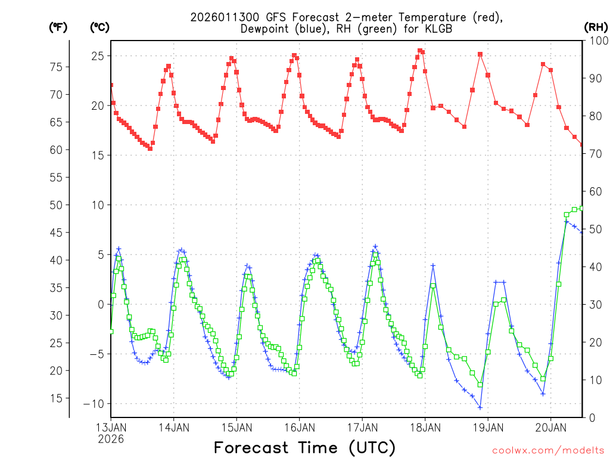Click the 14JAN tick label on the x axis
(x=174, y=428)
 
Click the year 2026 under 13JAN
(x=111, y=439)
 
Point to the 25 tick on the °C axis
(x=97, y=56)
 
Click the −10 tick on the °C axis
(x=93, y=404)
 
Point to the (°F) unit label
(x=58, y=27)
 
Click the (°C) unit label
(x=100, y=27)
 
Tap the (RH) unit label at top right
(x=595, y=27)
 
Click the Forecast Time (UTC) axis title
(x=304, y=447)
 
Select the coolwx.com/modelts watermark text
(x=547, y=450)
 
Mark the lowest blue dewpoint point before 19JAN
(x=480, y=407)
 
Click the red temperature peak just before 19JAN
(x=480, y=54)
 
